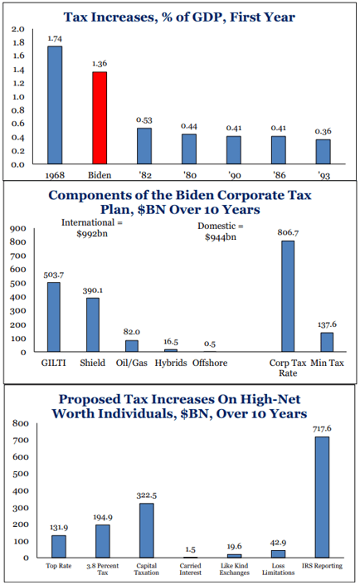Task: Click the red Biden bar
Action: (x=100, y=118)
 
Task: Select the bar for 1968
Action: (x=55, y=105)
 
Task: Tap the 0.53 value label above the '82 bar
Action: (x=144, y=120)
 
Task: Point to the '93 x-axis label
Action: (x=324, y=175)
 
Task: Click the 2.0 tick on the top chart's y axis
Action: (x=18, y=29)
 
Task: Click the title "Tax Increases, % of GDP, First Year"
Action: (x=179, y=17)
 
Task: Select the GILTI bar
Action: (x=54, y=317)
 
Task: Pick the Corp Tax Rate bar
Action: (x=288, y=296)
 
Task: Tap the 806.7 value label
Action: (x=288, y=232)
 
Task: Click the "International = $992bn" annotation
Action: (x=92, y=228)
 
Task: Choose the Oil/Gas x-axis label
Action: (x=132, y=363)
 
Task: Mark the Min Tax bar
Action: (x=327, y=342)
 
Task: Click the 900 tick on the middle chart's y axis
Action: (x=18, y=228)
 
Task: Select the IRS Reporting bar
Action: (x=322, y=497)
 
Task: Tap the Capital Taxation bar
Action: (x=147, y=530)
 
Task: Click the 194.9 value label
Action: (x=103, y=518)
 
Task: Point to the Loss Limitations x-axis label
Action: (x=279, y=569)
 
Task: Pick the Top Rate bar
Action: (x=59, y=547)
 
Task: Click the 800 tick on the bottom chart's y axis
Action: (x=21, y=423)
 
